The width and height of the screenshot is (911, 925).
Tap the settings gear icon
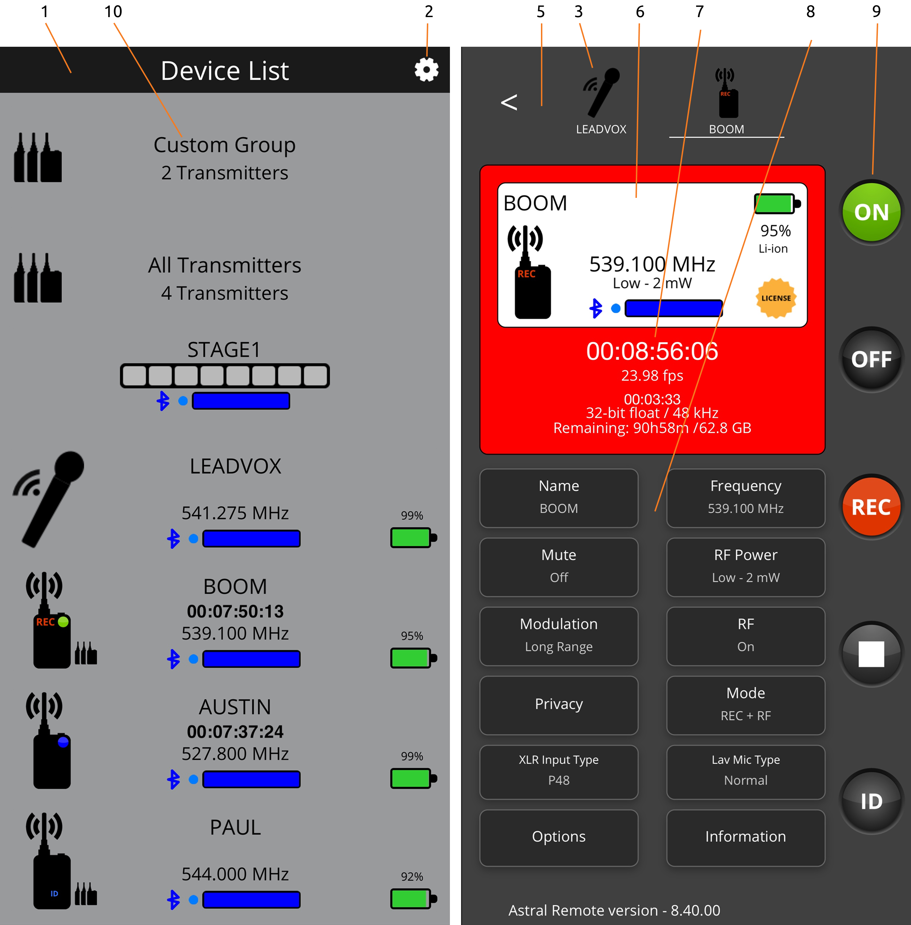pyautogui.click(x=426, y=70)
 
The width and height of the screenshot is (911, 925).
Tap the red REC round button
pyautogui.click(x=871, y=507)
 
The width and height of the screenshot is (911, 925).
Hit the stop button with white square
pyautogui.click(x=871, y=654)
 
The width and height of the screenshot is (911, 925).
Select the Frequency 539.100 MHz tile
pyautogui.click(x=745, y=498)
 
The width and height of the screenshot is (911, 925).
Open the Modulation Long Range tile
pyautogui.click(x=559, y=636)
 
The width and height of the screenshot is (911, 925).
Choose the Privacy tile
pyautogui.click(x=559, y=705)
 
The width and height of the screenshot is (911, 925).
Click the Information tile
pyautogui.click(x=745, y=837)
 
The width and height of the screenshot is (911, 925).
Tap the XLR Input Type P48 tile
pyautogui.click(x=559, y=771)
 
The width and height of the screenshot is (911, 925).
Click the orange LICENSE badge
pyautogui.click(x=776, y=298)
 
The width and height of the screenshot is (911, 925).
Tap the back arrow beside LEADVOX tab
pyautogui.click(x=509, y=102)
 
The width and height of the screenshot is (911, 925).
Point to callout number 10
pyautogui.click(x=113, y=12)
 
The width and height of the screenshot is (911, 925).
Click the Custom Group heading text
pyautogui.click(x=224, y=144)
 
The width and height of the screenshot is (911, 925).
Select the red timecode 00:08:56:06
pyautogui.click(x=652, y=351)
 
